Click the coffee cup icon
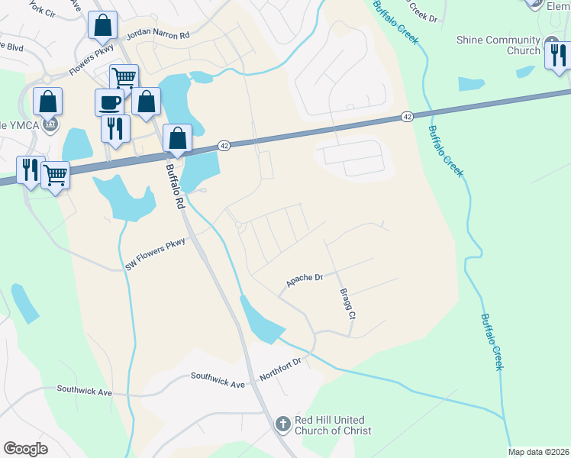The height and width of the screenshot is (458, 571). [109, 102]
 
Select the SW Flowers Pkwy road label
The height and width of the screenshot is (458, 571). [156, 253]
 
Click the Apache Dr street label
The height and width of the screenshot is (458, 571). [305, 280]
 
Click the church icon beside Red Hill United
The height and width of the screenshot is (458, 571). [282, 423]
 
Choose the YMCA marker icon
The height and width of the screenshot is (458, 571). [50, 123]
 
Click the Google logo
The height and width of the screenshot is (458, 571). [25, 449]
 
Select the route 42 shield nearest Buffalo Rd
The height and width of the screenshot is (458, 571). [224, 145]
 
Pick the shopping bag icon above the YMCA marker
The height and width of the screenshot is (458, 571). [47, 101]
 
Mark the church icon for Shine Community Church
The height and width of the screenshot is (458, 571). [551, 42]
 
